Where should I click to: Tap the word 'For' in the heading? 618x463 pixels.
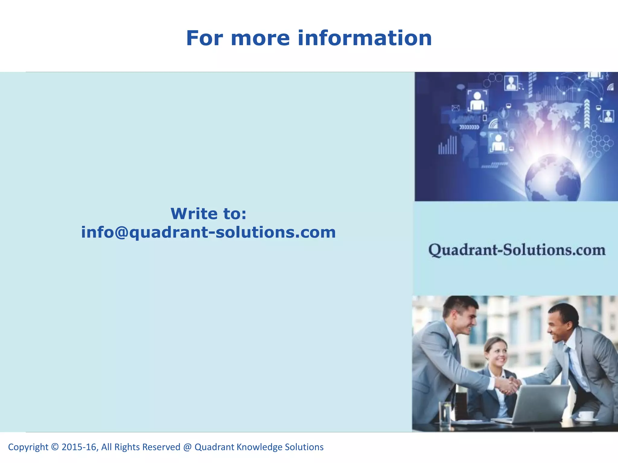point(204,39)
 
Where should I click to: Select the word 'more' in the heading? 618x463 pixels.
point(260,39)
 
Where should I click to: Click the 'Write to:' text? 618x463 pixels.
point(208,214)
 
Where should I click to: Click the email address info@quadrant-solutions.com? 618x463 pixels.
point(208,232)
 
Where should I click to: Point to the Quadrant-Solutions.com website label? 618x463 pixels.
point(517,250)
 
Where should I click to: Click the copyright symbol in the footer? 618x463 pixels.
point(55,447)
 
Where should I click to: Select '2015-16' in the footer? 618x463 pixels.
point(79,447)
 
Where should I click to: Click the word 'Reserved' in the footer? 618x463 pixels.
point(161,447)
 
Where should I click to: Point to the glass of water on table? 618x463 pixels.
point(445,413)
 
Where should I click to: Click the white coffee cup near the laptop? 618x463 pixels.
point(585,415)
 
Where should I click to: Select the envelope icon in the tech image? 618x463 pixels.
point(455,108)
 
